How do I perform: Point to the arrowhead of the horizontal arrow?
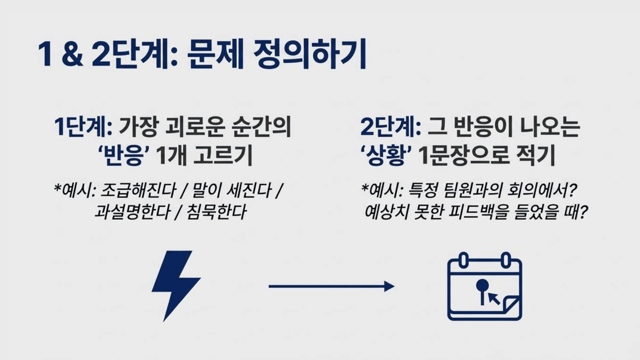(389, 286)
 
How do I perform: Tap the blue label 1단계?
(83, 127)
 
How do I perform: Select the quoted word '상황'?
(386, 156)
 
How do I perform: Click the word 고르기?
(223, 156)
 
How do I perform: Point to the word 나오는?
(550, 127)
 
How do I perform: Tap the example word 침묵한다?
(216, 212)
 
